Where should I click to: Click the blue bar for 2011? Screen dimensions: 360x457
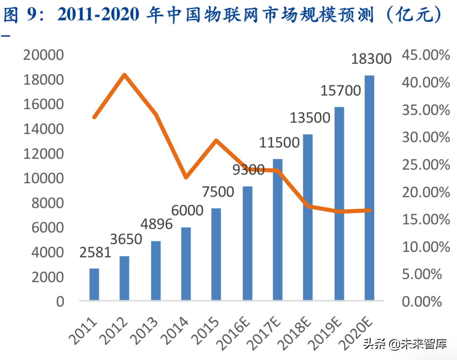94,284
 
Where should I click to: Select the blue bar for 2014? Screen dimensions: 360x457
186,264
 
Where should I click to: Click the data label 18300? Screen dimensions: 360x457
371,59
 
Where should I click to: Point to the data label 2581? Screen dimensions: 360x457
95,253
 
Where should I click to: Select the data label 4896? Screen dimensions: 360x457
156,224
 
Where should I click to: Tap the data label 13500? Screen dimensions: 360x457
310,118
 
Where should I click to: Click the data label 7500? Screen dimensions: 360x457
218,192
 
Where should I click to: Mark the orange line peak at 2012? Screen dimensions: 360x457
124,75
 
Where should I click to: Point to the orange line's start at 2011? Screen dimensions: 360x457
94,117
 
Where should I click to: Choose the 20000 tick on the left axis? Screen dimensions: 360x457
43,55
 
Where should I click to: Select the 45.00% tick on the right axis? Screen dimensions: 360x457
426,55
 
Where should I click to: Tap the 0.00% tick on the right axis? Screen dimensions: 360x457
422,301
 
